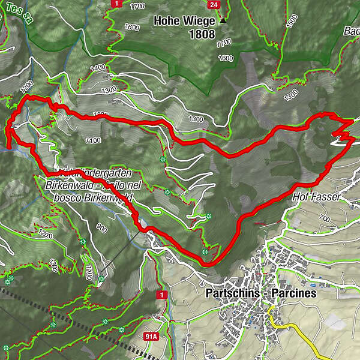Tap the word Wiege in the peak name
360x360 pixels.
pyautogui.click(x=200, y=20)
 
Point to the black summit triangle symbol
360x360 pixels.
pyautogui.click(x=223, y=20)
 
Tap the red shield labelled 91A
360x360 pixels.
pyautogui.click(x=151, y=338)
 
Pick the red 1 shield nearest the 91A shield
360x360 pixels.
pyautogui.click(x=161, y=295)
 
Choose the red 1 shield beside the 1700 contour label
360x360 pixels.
pyautogui.click(x=114, y=4)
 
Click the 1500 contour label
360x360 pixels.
pyautogui.click(x=292, y=21)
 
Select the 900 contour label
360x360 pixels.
pyautogui.click(x=101, y=228)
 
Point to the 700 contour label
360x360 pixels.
pyautogui.click(x=325, y=217)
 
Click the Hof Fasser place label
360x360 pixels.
pyautogui.click(x=317, y=197)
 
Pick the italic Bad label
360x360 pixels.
pyautogui.click(x=352, y=31)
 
